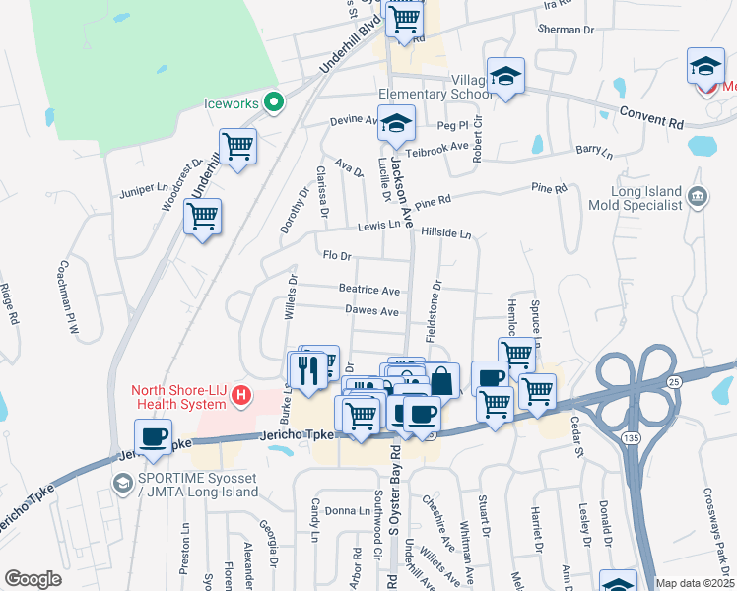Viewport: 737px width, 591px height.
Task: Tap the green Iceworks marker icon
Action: click(276, 100)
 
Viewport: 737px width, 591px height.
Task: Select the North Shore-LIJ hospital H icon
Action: click(241, 397)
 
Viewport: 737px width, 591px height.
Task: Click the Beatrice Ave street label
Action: click(369, 291)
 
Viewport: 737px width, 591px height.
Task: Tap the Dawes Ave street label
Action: click(371, 311)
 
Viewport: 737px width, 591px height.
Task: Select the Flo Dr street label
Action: click(337, 255)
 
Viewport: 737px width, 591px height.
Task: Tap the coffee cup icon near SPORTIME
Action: click(154, 436)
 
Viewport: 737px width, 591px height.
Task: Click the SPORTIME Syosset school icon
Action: click(122, 483)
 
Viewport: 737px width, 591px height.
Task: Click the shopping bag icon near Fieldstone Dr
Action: click(442, 378)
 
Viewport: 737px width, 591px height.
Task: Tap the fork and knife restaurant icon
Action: click(307, 369)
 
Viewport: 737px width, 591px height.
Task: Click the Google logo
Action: click(33, 579)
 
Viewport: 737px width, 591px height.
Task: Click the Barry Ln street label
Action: click(594, 152)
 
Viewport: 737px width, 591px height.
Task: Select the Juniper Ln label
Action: click(143, 186)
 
